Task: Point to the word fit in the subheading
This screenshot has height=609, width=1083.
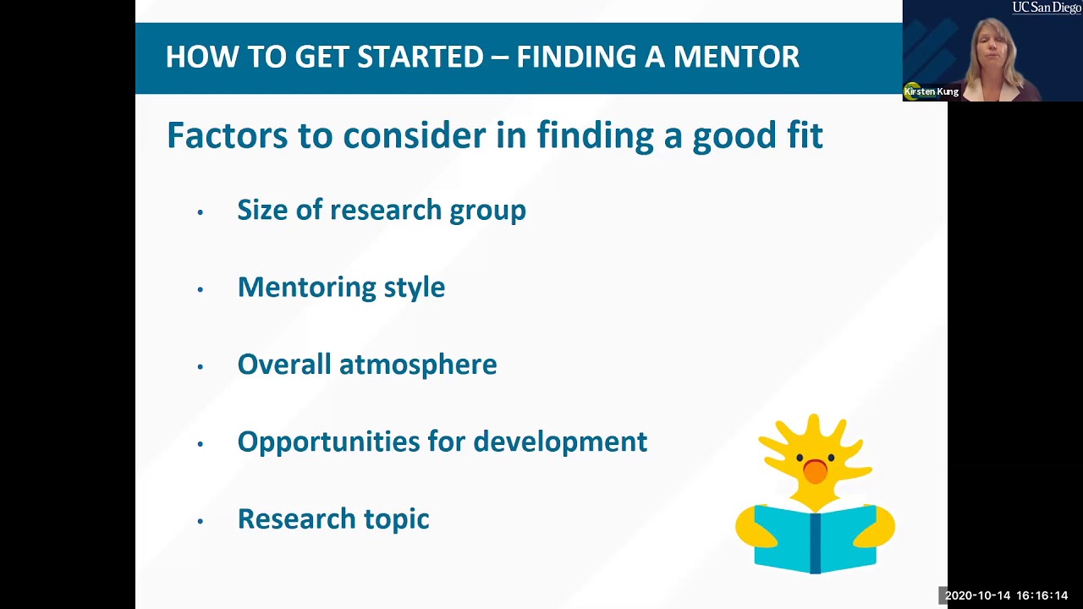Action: pyautogui.click(x=804, y=135)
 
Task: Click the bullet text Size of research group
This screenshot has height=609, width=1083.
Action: pyautogui.click(x=381, y=210)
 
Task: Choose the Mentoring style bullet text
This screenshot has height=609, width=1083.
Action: pyautogui.click(x=341, y=287)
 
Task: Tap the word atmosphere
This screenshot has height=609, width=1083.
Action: pyautogui.click(x=418, y=365)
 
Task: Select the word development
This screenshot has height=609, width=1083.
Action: pyautogui.click(x=560, y=442)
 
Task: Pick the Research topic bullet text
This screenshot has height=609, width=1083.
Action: pyautogui.click(x=333, y=518)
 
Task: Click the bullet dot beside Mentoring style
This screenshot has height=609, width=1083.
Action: pyautogui.click(x=201, y=289)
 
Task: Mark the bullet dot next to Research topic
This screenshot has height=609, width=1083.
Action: pyautogui.click(x=201, y=521)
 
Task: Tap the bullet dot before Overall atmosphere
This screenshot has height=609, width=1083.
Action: pyautogui.click(x=201, y=367)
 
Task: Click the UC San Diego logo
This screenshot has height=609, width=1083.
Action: pyautogui.click(x=1046, y=8)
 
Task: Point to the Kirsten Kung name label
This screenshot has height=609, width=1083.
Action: pyautogui.click(x=932, y=91)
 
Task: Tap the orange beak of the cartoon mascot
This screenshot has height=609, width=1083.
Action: pyautogui.click(x=815, y=471)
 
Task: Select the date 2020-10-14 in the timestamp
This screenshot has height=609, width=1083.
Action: pyautogui.click(x=977, y=595)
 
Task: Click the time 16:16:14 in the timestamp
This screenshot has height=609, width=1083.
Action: pyautogui.click(x=1042, y=595)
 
